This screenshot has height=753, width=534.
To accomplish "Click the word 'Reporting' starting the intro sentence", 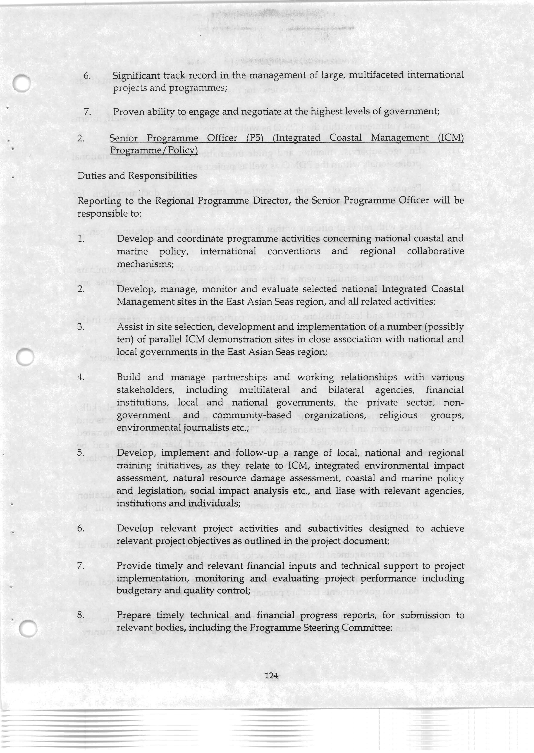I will [x=96, y=200].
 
